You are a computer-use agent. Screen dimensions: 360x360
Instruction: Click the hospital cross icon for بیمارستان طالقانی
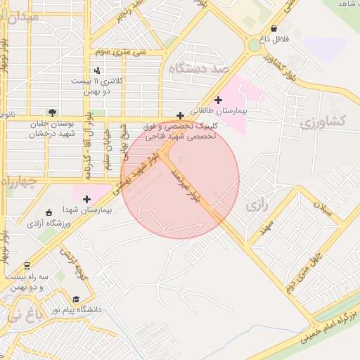(218, 100)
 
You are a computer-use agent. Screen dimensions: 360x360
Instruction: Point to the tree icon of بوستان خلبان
(52, 112)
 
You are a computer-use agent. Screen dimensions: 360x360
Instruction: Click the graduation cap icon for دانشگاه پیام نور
(76, 299)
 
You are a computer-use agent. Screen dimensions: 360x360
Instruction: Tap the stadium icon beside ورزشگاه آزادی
(48, 213)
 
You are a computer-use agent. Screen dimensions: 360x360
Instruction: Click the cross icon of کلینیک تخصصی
(181, 115)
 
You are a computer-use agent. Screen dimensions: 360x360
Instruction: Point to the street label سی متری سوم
(124, 53)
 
